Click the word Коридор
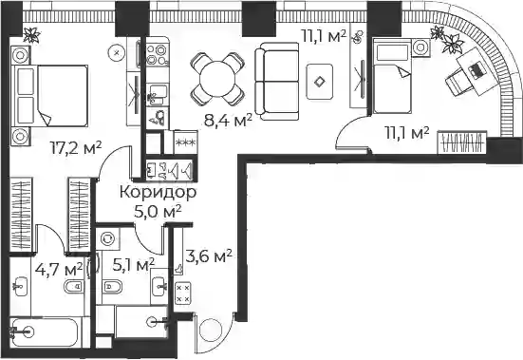pyautogui.click(x=159, y=193)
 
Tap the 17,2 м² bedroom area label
pyautogui.click(x=76, y=147)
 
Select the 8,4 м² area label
pyautogui.click(x=228, y=121)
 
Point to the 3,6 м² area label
pyautogui.click(x=208, y=256)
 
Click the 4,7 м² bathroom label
pyautogui.click(x=59, y=269)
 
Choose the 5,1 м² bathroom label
pyautogui.click(x=134, y=265)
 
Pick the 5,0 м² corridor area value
pyautogui.click(x=158, y=212)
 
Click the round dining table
pyautogui.click(x=217, y=80)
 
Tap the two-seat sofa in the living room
pyautogui.click(x=277, y=81)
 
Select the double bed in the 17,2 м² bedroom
pyautogui.click(x=50, y=96)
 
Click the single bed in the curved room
pyautogui.click(x=392, y=76)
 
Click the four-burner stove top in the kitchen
pyautogui.click(x=157, y=55)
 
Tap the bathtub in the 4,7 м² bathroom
pyautogui.click(x=46, y=332)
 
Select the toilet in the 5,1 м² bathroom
pyautogui.click(x=111, y=287)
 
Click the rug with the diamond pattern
pyautogui.click(x=320, y=82)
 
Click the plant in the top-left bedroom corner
pyautogui.click(x=32, y=35)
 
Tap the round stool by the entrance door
pyautogui.click(x=211, y=330)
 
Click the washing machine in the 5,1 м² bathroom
pyautogui.click(x=107, y=238)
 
